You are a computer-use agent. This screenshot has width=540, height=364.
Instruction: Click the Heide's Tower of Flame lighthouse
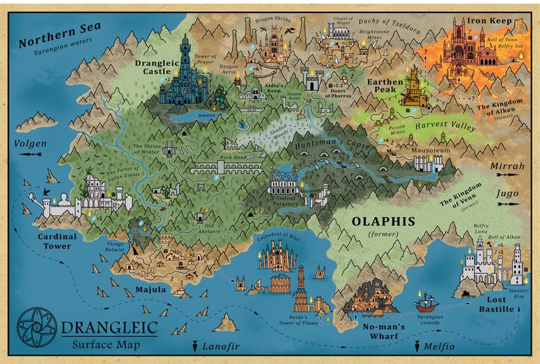pos(301,286)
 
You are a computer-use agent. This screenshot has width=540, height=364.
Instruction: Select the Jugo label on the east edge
pos(507,194)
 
